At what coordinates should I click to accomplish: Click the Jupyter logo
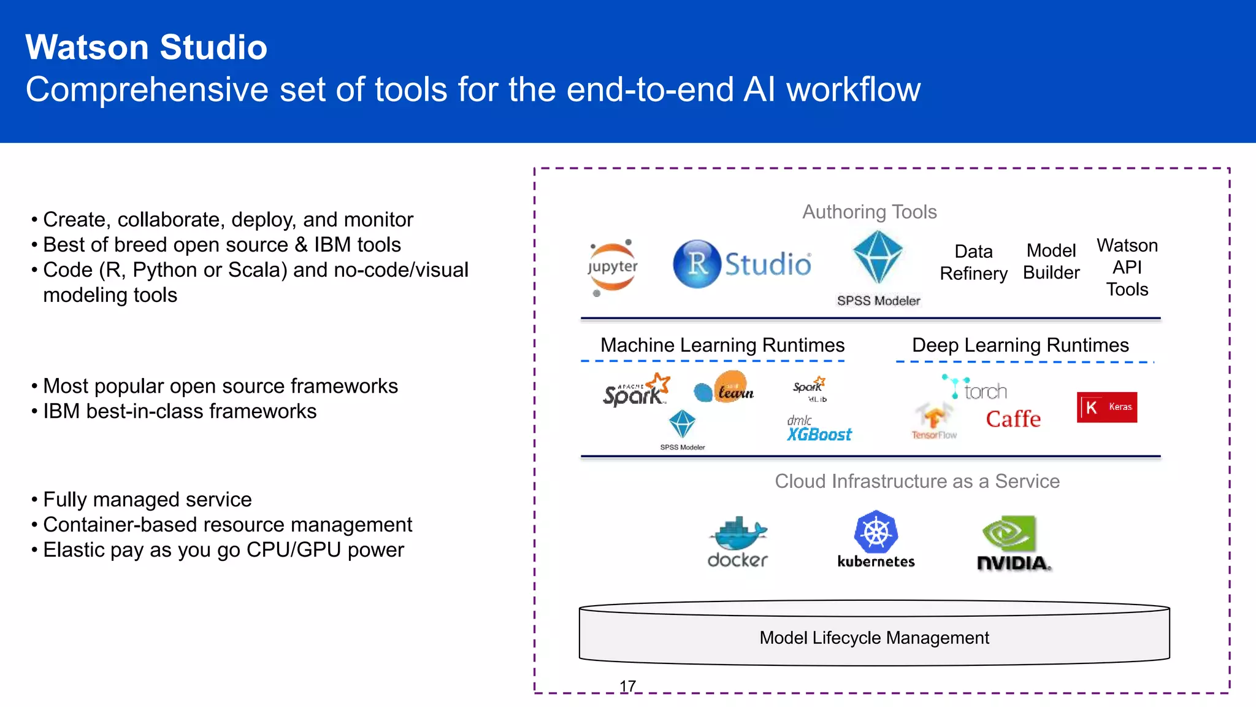(x=612, y=268)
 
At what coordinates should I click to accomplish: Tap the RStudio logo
(x=742, y=264)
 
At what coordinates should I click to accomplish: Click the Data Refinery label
(x=973, y=263)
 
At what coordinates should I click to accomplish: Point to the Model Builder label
(x=1051, y=261)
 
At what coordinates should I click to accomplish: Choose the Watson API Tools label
(x=1127, y=268)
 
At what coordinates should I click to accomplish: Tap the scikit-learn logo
(x=724, y=388)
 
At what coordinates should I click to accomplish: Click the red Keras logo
(x=1106, y=407)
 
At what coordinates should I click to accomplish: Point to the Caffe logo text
(x=1013, y=419)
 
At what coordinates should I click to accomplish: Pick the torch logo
(x=975, y=388)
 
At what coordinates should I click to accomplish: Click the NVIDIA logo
(x=1013, y=543)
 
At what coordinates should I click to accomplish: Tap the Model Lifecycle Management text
(x=874, y=638)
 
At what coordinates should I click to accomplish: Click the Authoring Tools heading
(x=869, y=212)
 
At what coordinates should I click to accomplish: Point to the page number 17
(x=627, y=686)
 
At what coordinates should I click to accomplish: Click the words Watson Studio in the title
(x=146, y=47)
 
